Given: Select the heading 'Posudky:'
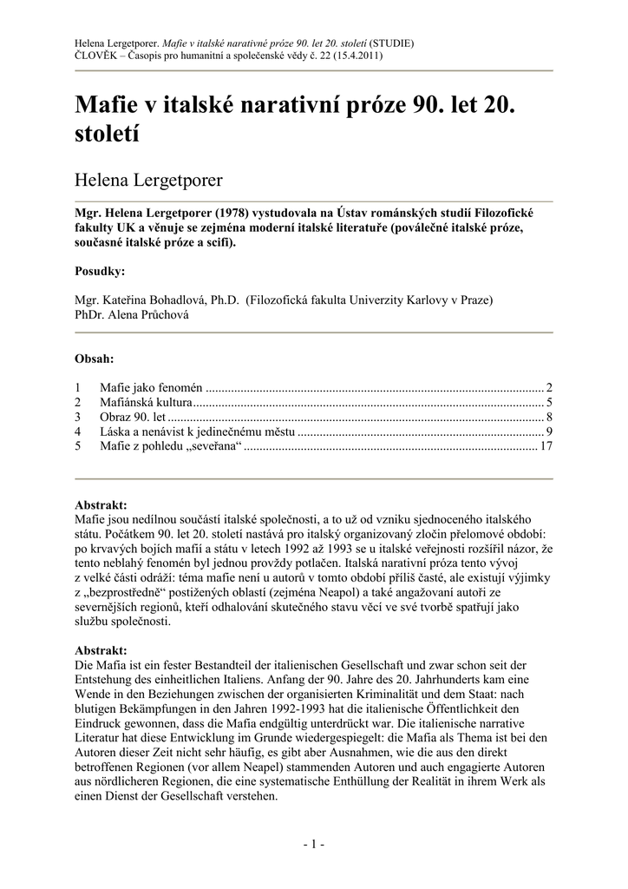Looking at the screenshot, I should pos(100,271).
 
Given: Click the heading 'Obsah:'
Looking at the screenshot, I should pos(95,358).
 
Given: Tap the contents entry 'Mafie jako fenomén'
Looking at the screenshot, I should pos(150,386).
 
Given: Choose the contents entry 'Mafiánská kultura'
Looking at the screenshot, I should pos(145,402).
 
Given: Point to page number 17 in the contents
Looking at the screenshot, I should pos(546,446).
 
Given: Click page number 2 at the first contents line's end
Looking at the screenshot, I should pos(549,386).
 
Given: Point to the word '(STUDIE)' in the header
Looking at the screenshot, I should pos(391,41).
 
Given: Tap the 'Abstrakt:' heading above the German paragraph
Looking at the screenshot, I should pos(101,649).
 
